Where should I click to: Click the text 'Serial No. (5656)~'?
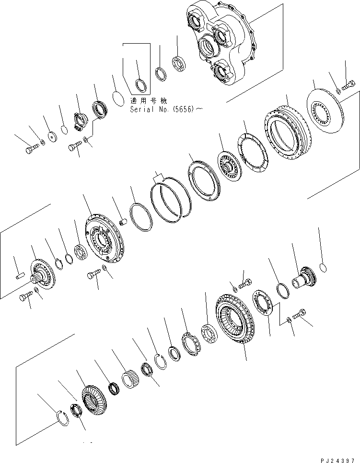point(166,109)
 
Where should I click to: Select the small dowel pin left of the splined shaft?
point(19,275)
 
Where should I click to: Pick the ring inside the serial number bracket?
point(140,85)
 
